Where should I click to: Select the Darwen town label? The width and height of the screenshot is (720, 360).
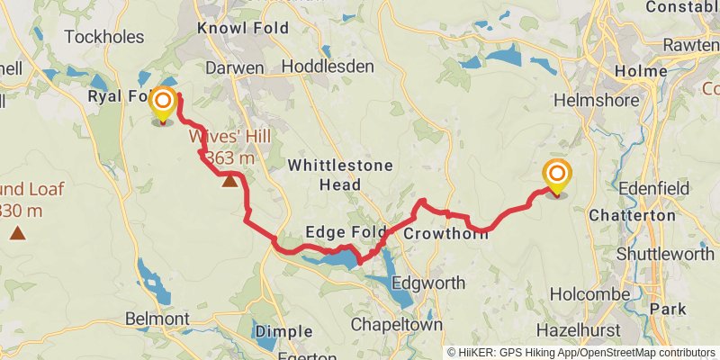click(x=234, y=67)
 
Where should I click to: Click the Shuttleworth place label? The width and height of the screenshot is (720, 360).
click(x=665, y=254)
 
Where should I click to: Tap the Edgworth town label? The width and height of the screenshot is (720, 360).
click(x=427, y=283)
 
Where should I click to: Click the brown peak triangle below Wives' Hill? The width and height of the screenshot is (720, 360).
click(x=230, y=181)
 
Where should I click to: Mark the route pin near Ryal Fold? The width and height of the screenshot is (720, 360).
click(x=163, y=104)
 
